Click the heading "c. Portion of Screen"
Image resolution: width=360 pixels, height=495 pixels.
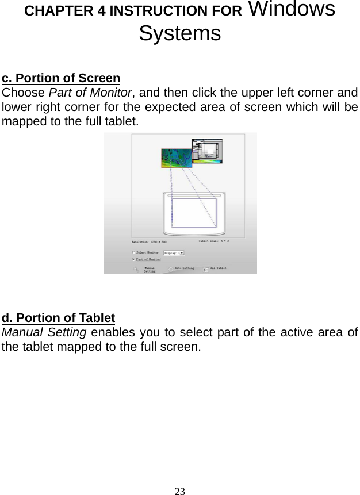point(61,78)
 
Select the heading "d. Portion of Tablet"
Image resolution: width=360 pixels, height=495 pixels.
point(59,318)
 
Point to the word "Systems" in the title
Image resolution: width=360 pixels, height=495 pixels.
point(179,33)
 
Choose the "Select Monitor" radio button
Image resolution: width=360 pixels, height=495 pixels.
point(134,252)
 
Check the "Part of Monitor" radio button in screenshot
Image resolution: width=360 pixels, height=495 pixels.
point(134,260)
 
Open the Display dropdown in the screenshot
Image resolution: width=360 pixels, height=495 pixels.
point(174,252)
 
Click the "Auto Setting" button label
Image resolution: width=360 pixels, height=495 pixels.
point(184,268)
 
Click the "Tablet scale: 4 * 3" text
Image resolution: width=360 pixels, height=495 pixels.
point(214,241)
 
